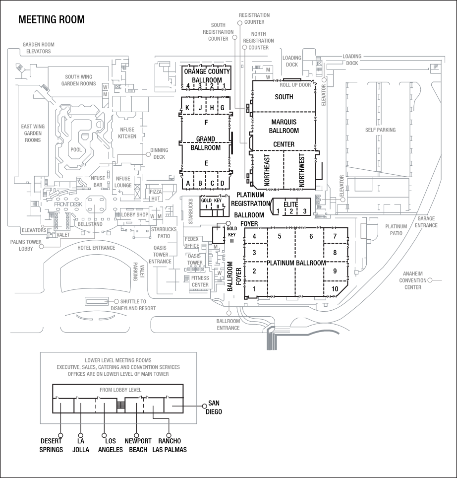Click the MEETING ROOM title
(52, 20)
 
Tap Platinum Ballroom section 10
(335, 289)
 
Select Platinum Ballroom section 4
(254, 236)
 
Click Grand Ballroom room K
(187, 108)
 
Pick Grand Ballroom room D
(223, 183)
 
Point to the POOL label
(76, 149)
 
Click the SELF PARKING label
(380, 130)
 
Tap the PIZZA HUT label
(155, 194)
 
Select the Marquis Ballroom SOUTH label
(284, 97)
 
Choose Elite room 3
(304, 211)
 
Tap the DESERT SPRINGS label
(52, 445)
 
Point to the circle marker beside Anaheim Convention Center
(430, 280)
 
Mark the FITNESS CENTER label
(200, 281)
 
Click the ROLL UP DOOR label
(298, 85)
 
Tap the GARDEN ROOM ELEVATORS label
(39, 48)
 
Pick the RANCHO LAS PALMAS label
(170, 445)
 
